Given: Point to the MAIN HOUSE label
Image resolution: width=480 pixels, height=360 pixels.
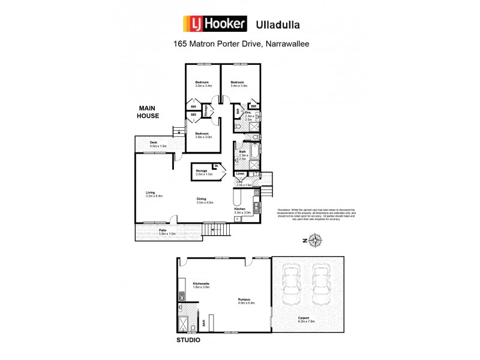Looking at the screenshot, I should click(x=148, y=112).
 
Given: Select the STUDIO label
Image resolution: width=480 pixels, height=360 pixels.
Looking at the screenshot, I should click(x=188, y=340).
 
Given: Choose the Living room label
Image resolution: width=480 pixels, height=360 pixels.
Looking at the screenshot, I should click(x=142, y=194).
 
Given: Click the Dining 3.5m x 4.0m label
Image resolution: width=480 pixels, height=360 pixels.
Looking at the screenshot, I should click(x=205, y=202).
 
